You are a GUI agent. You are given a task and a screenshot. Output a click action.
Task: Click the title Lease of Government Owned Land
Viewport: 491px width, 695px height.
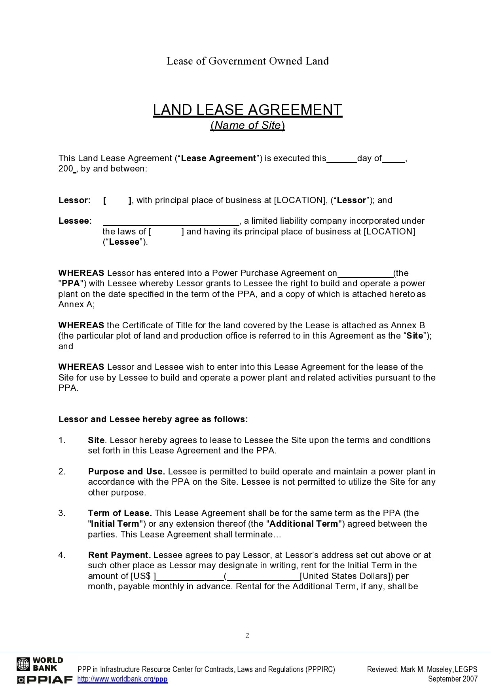pyautogui.click(x=247, y=61)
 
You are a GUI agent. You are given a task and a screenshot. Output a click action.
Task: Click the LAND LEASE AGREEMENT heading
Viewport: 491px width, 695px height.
pyautogui.click(x=247, y=110)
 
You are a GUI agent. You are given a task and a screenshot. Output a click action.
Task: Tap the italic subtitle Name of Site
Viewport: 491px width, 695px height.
pyautogui.click(x=248, y=126)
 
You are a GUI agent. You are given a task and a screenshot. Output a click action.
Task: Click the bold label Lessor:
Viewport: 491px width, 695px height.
pyautogui.click(x=75, y=200)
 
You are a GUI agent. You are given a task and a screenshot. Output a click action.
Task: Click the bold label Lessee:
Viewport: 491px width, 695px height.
pyautogui.click(x=75, y=221)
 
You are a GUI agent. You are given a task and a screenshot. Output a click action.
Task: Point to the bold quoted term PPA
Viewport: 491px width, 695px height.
pyautogui.click(x=72, y=284)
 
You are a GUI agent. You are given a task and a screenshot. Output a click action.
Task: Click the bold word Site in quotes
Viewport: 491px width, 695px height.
pyautogui.click(x=415, y=336)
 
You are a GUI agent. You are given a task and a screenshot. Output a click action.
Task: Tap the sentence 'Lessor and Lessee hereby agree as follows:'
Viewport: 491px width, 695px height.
pyautogui.click(x=153, y=419)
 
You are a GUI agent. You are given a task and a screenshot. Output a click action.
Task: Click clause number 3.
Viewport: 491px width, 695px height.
pyautogui.click(x=62, y=513)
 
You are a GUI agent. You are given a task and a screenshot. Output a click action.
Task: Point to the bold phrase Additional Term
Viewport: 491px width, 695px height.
pyautogui.click(x=304, y=524)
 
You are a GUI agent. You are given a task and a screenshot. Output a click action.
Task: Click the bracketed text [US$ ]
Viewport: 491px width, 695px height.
pyautogui.click(x=143, y=576)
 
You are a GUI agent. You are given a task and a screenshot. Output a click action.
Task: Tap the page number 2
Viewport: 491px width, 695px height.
pyautogui.click(x=247, y=636)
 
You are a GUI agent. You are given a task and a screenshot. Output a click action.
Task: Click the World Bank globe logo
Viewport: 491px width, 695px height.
pyautogui.click(x=23, y=665)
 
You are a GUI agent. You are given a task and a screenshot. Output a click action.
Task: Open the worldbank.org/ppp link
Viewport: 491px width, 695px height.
pyautogui.click(x=123, y=680)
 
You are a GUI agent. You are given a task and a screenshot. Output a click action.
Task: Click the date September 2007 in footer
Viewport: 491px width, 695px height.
pyautogui.click(x=453, y=679)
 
